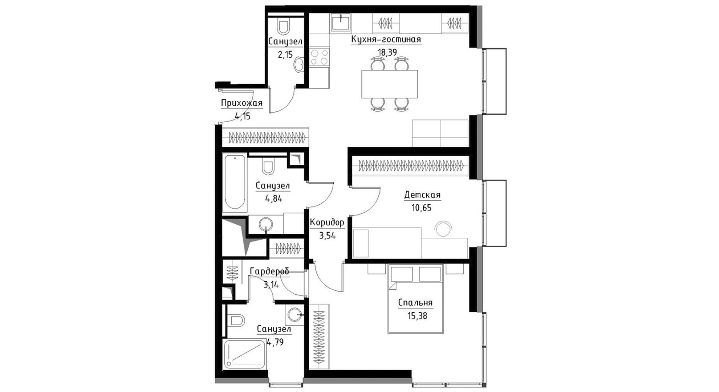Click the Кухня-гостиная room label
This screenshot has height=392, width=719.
pos(386,39)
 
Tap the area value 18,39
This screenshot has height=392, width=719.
pos(387,52)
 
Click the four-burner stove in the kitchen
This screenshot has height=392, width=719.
pos(320,57)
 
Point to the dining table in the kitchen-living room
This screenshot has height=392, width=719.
pos(390,84)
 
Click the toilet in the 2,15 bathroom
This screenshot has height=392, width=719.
pos(283,26)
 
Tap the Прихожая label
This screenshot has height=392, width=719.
pos(242,103)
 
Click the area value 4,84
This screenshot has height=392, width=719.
pos(273,199)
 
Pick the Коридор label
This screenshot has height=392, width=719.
pos(327,222)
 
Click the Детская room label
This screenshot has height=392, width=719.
pos(422,195)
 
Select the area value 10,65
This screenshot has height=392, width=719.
pos(422,208)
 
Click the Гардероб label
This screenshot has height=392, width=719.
pos(269,271)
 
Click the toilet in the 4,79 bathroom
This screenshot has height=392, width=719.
pos(237,320)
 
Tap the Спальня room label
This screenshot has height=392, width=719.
pos(415,303)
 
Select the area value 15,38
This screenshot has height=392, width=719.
pos(417,316)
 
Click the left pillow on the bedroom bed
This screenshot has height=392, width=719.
pos(401,274)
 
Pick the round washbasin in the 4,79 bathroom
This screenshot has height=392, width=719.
pos(294,315)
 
